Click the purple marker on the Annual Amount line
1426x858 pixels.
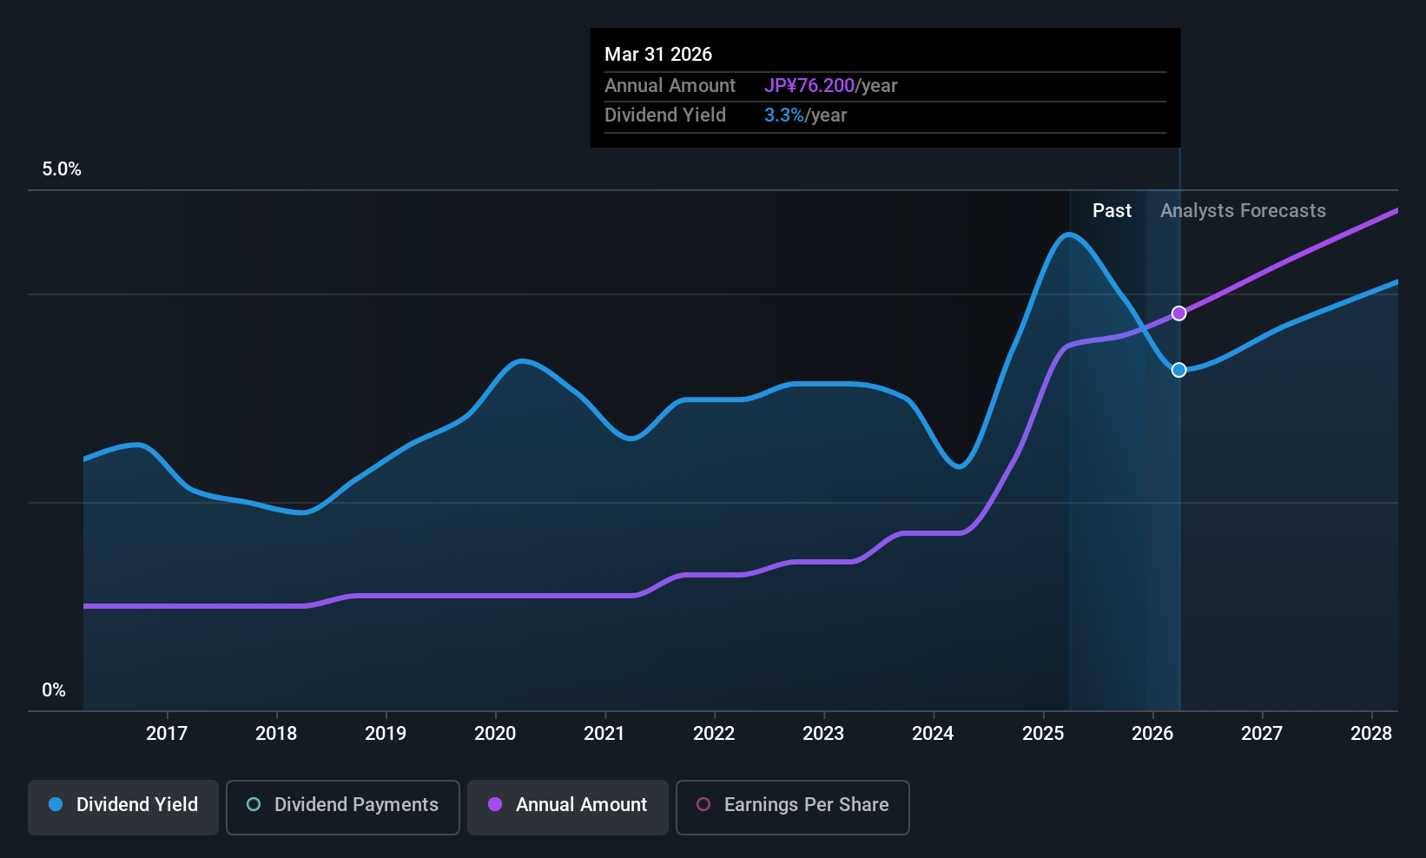pyautogui.click(x=1178, y=313)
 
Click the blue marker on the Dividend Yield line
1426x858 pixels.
pyautogui.click(x=1178, y=370)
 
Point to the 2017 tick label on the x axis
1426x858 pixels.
pyautogui.click(x=167, y=734)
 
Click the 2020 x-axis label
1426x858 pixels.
pyautogui.click(x=495, y=734)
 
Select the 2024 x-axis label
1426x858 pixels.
pyautogui.click(x=933, y=734)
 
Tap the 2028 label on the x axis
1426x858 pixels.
pyautogui.click(x=1371, y=734)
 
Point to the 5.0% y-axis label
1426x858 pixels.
pyautogui.click(x=62, y=169)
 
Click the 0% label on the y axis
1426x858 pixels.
pyautogui.click(x=54, y=690)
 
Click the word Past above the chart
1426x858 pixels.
pyautogui.click(x=1112, y=211)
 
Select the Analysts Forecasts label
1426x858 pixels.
pyautogui.click(x=1243, y=211)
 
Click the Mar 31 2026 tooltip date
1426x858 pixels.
pyautogui.click(x=658, y=55)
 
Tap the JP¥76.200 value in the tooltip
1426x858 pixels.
pyautogui.click(x=809, y=86)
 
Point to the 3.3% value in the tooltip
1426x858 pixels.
pyautogui.click(x=784, y=115)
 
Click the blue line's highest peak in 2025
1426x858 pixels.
pyautogui.click(x=1068, y=234)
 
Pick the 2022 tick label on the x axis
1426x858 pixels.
pyautogui.click(x=714, y=734)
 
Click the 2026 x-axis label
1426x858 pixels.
pyautogui.click(x=1152, y=734)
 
